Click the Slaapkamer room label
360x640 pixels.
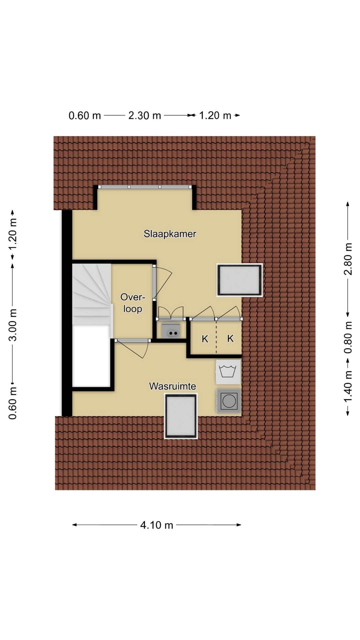[x=170, y=234]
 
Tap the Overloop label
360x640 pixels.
[x=133, y=303]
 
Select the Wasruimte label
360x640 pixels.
[x=172, y=386]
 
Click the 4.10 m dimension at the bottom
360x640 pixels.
[x=157, y=525]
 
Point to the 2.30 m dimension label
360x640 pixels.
[x=145, y=115]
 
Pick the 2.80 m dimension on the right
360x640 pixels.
[x=348, y=259]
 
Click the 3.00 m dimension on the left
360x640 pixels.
[x=13, y=325]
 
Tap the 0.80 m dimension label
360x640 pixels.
[x=348, y=337]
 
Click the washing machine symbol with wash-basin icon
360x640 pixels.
[x=228, y=372]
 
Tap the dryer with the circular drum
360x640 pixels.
[x=229, y=401]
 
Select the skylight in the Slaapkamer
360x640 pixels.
[x=240, y=280]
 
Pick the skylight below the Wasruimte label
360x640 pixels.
[x=181, y=416]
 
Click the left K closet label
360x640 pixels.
[x=205, y=339]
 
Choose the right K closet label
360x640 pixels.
[x=230, y=339]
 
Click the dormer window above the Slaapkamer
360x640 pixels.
[x=145, y=187]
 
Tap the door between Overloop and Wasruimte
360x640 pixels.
[x=133, y=341]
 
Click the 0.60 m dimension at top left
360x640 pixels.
[x=85, y=115]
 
